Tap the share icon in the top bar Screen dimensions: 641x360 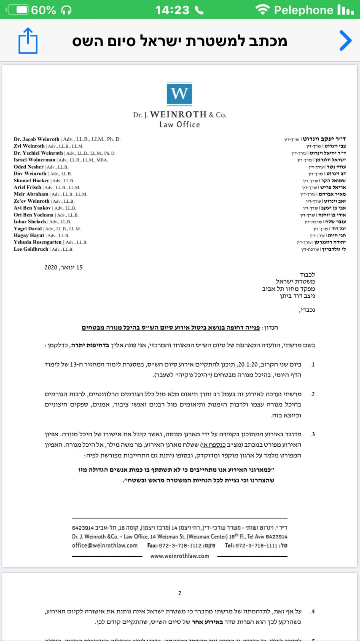pyautogui.click(x=28, y=40)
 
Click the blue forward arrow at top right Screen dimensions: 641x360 pyautogui.click(x=345, y=40)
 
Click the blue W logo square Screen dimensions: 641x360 pyautogui.click(x=179, y=94)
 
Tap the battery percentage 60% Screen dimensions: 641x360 pyautogui.click(x=43, y=10)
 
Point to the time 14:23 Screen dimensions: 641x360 pyautogui.click(x=172, y=10)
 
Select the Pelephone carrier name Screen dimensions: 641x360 pyautogui.click(x=303, y=10)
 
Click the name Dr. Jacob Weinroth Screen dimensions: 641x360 pyautogui.click(x=36, y=139)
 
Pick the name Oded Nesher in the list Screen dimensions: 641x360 pyautogui.click(x=28, y=167)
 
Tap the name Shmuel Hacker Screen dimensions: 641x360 pyautogui.click(x=31, y=181)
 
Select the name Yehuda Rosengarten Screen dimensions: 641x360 pyautogui.click(x=38, y=242)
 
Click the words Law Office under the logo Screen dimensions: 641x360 pyautogui.click(x=179, y=125)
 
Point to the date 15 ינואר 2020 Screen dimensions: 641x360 pyautogui.click(x=63, y=267)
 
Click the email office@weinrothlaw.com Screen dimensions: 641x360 pyautogui.click(x=105, y=545)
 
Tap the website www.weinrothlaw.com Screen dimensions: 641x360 pyautogui.click(x=179, y=556)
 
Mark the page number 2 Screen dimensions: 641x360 pyautogui.click(x=179, y=593)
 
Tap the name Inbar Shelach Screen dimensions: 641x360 pyautogui.click(x=30, y=222)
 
